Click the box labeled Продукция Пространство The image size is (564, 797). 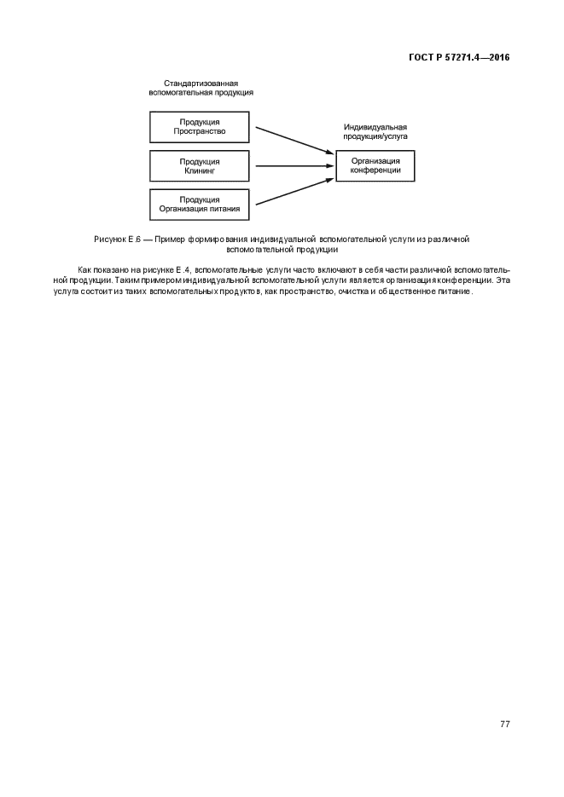tap(199, 127)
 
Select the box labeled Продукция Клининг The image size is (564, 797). tap(199, 166)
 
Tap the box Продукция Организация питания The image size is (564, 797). tap(199, 205)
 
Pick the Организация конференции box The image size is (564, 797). tap(375, 165)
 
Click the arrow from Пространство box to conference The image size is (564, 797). tap(293, 140)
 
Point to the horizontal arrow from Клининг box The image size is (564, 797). tap(293, 167)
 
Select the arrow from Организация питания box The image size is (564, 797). tap(293, 193)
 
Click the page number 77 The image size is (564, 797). tap(505, 725)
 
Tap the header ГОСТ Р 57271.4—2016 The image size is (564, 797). tap(458, 57)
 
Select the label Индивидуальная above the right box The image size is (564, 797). tap(375, 126)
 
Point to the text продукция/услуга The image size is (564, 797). tap(375, 136)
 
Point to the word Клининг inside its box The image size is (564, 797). tap(200, 171)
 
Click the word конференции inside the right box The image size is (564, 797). tap(375, 170)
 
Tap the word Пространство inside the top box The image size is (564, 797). tap(199, 132)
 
